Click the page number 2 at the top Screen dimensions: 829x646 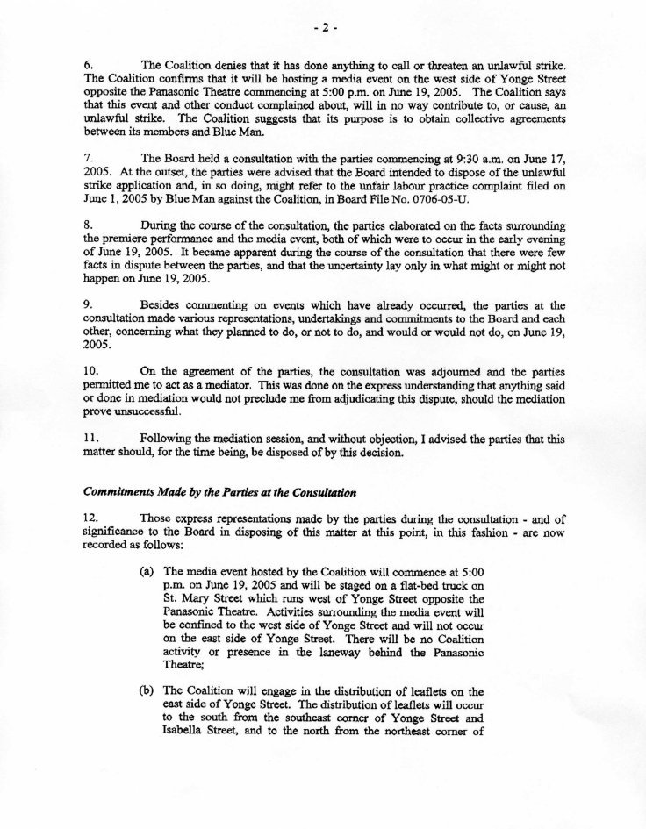(322, 29)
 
